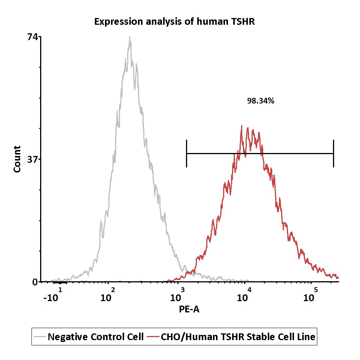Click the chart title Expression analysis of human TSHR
click(x=174, y=22)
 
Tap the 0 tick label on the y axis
click(x=35, y=282)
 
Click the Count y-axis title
click(x=17, y=159)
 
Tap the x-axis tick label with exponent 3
click(x=177, y=297)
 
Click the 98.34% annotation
click(x=261, y=100)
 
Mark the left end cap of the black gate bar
click(x=186, y=153)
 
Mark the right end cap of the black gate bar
click(x=333, y=153)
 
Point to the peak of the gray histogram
click(x=129, y=37)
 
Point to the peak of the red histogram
click(x=242, y=126)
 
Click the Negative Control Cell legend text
click(x=96, y=337)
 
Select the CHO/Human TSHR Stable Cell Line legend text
click(x=238, y=337)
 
